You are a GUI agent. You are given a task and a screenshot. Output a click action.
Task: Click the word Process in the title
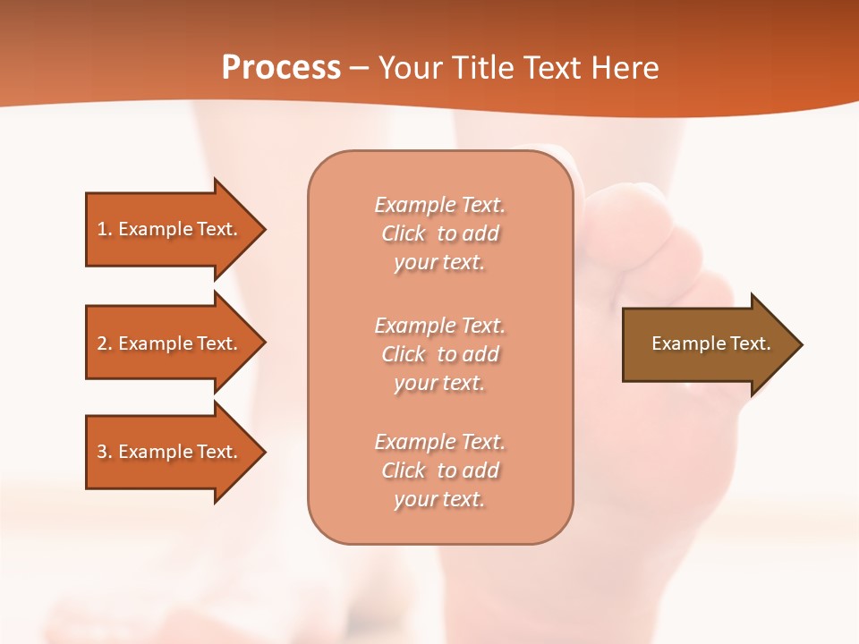click(x=281, y=68)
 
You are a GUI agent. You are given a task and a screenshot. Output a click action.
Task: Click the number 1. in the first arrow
click(x=105, y=229)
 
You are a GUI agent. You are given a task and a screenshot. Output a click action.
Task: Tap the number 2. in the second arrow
click(x=105, y=343)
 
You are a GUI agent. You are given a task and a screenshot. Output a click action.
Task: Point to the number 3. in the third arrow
click(x=105, y=452)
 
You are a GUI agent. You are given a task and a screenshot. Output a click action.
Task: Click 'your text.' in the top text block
click(x=439, y=263)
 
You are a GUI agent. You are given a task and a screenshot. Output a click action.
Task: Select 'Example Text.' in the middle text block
click(x=439, y=326)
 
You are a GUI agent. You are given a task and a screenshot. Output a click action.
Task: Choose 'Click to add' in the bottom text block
click(x=439, y=470)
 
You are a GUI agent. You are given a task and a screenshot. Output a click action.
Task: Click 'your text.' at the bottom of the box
click(x=439, y=500)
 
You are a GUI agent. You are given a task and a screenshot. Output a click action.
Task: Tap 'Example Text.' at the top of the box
click(x=439, y=205)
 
